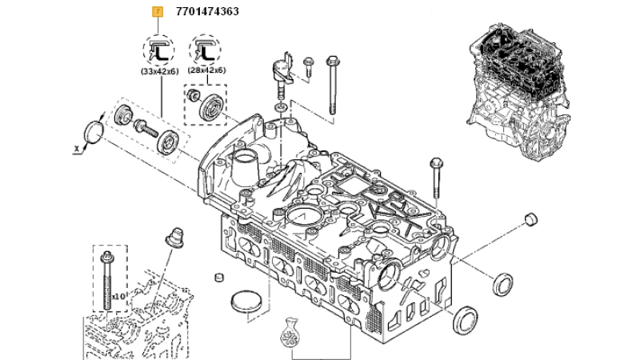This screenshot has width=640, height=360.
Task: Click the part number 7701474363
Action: pyautogui.click(x=207, y=11)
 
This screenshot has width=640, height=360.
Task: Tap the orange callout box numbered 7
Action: pyautogui.click(x=158, y=12)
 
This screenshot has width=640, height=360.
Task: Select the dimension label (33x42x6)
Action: pyautogui.click(x=159, y=71)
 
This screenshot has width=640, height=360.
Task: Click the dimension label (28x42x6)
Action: pyautogui.click(x=206, y=70)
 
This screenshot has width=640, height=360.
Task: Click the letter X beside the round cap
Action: pyautogui.click(x=76, y=150)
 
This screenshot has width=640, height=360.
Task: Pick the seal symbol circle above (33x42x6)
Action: pyautogui.click(x=158, y=50)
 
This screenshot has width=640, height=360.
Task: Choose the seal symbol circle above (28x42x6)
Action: pyautogui.click(x=205, y=50)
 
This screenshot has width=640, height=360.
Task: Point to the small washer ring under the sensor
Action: pyautogui.click(x=281, y=108)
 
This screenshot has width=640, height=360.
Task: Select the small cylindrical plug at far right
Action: pyautogui.click(x=530, y=218)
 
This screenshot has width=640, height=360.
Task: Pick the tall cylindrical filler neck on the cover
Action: pyautogui.click(x=245, y=170)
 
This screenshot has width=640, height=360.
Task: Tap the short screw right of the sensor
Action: pyautogui.click(x=308, y=67)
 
